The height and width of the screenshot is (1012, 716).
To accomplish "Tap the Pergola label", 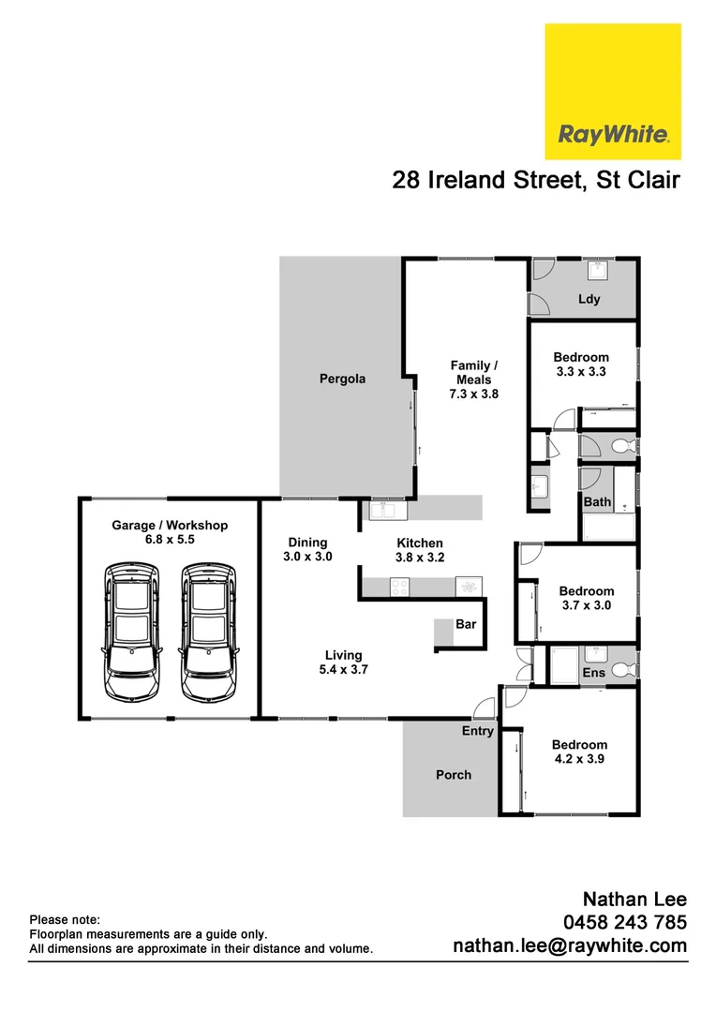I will pos(342,379).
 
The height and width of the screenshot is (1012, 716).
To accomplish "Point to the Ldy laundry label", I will pos(589,300).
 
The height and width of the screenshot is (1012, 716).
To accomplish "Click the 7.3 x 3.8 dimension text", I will pos(474,394).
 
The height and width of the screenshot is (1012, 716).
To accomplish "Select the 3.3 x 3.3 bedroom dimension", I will pos(581,372).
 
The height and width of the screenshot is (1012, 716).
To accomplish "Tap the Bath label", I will pos(597,502).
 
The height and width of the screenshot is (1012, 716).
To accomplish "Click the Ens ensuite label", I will pos(594,673).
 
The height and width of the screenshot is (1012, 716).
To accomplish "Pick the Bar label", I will pos(466,624).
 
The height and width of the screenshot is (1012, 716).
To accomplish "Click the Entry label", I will pos(477,731).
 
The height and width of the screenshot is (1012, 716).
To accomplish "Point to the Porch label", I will pos(454,775).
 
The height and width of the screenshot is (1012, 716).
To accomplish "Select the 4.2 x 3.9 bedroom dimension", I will pos(579,760).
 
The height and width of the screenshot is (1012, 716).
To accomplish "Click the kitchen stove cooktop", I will pos(399,588).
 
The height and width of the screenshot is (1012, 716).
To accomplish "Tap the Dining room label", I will pos(307,543).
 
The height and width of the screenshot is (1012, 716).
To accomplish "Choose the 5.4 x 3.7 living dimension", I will pos(343,670).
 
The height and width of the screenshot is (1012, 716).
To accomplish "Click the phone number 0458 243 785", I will pos(623,922).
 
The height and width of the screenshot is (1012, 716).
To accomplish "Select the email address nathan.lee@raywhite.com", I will pos(570,946).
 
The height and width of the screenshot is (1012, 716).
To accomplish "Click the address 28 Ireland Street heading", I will pos(535,180).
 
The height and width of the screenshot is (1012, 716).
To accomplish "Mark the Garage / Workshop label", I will pos(170,526).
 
